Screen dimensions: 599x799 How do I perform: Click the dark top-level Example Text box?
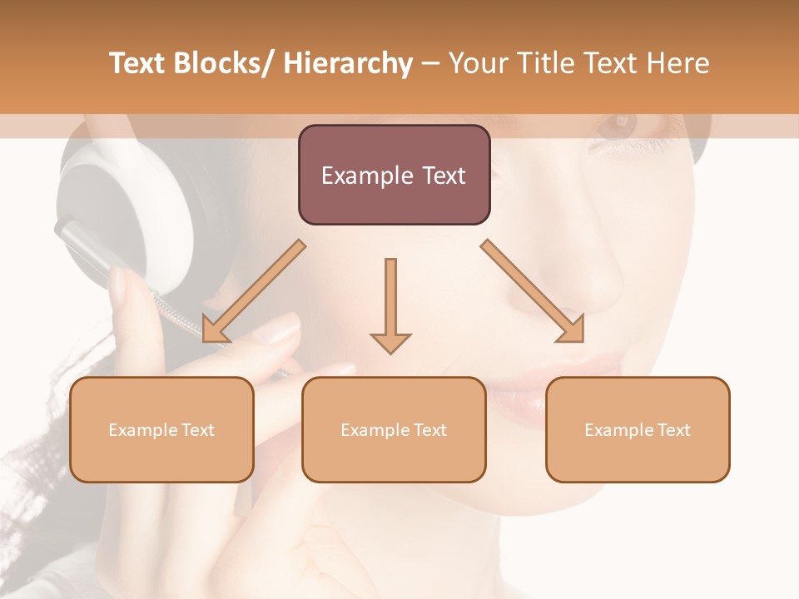tap(394, 175)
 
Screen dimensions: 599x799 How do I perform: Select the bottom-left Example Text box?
tap(161, 429)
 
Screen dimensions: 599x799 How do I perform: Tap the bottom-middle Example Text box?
tap(394, 429)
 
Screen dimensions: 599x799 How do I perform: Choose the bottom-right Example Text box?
tap(638, 429)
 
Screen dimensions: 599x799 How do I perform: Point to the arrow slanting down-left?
tap(253, 291)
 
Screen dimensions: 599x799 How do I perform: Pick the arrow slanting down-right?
tap(533, 291)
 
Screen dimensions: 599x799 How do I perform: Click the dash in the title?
tap(430, 64)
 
